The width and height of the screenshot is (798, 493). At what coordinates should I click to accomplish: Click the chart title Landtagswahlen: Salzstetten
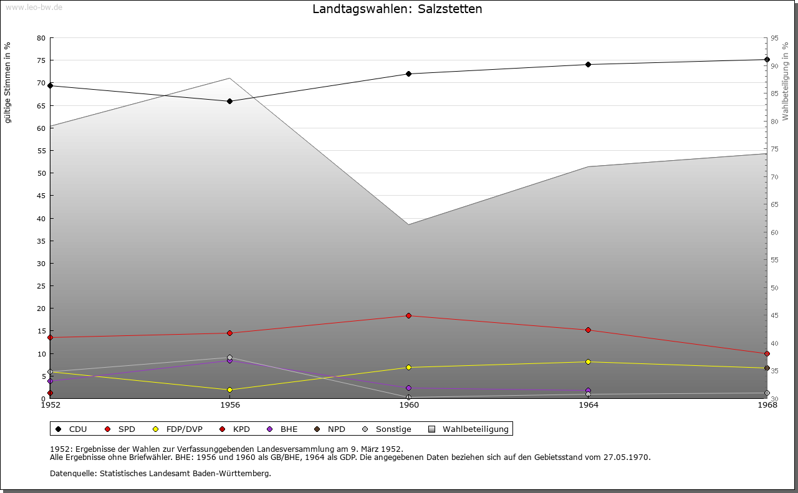point(397,9)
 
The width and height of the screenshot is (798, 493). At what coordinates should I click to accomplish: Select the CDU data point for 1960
point(409,74)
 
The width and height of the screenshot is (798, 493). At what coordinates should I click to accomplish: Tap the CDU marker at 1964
point(588,64)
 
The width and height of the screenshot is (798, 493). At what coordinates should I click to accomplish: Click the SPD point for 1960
point(409,315)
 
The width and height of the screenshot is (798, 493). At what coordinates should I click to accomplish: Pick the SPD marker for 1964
point(588,330)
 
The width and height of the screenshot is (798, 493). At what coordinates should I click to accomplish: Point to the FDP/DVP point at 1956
point(230,390)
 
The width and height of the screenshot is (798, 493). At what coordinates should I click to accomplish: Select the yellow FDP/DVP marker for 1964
point(588,361)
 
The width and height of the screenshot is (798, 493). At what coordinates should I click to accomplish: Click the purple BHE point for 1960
point(409,388)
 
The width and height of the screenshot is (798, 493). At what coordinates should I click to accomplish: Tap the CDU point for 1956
point(230,101)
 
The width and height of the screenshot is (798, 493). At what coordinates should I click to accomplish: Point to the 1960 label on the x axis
point(409,405)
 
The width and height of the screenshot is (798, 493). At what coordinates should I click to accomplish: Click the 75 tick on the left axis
point(41,60)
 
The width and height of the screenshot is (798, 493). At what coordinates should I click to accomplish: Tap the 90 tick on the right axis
point(774,66)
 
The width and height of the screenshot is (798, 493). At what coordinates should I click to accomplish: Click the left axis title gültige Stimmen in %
point(8,83)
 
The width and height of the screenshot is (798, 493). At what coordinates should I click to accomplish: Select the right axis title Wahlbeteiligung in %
point(786,82)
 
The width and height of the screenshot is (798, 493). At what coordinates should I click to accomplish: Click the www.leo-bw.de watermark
point(33,6)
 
